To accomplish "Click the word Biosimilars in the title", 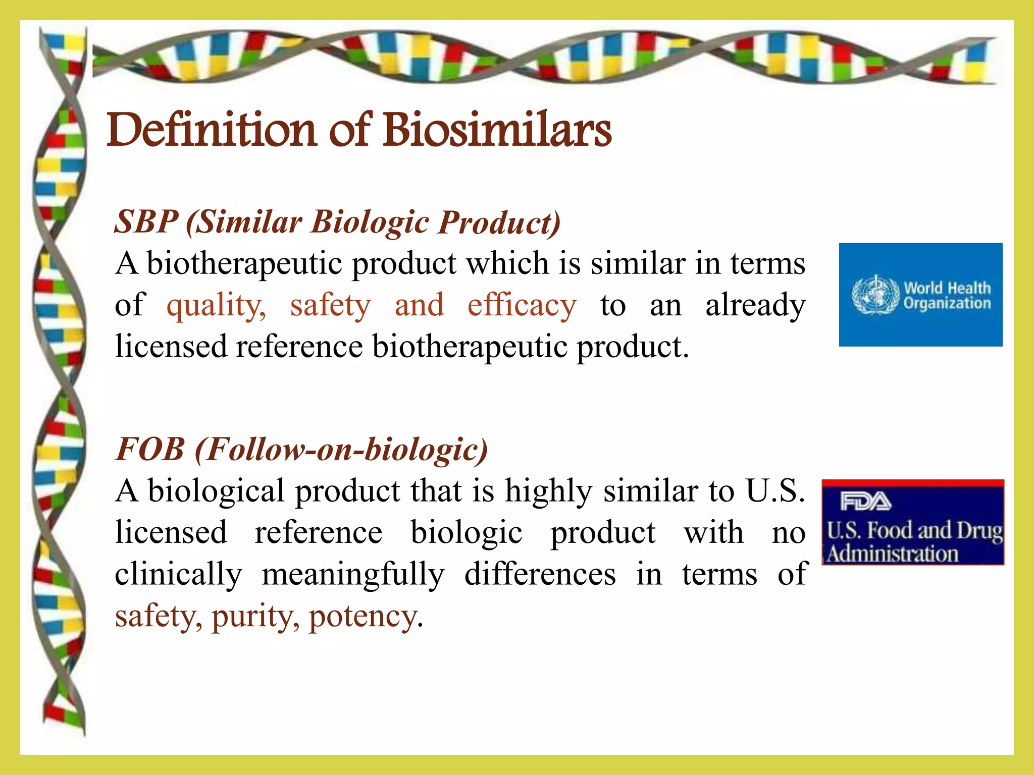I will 497,130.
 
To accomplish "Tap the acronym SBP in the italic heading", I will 146,222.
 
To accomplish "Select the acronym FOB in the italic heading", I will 150,449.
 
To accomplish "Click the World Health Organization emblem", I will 875,295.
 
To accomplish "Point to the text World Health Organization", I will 947,296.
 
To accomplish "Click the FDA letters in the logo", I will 865,502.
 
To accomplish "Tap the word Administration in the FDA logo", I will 893,554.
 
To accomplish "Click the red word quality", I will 216,306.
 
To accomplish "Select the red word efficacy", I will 522,306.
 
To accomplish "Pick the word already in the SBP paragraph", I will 755,306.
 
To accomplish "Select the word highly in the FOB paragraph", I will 548,491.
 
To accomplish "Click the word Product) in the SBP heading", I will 499,222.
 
